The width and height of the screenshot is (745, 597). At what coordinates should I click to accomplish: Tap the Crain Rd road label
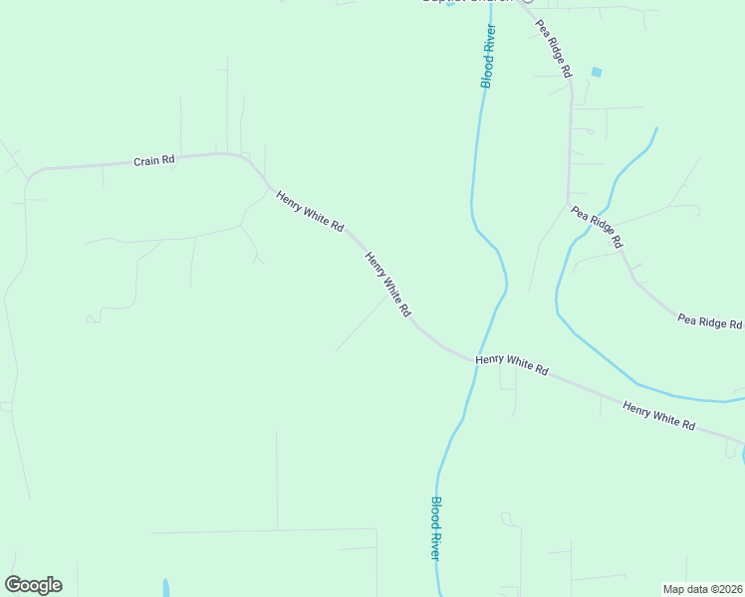[x=154, y=159]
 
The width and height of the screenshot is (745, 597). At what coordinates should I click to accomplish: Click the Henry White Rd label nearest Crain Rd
[x=310, y=211]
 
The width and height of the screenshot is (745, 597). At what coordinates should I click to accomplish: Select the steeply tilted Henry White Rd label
[x=387, y=284]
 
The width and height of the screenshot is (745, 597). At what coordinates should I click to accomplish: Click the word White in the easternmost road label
[x=659, y=415]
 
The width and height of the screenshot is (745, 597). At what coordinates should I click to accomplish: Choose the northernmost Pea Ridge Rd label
[x=554, y=49]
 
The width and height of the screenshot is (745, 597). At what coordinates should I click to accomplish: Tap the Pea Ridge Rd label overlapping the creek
[x=597, y=227]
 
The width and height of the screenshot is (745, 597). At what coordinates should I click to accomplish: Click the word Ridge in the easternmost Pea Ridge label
[x=710, y=321]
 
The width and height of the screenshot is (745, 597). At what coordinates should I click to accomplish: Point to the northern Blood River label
[x=488, y=56]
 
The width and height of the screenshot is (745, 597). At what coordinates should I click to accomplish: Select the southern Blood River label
[x=435, y=527]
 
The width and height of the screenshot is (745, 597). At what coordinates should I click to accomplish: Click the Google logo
[x=33, y=585]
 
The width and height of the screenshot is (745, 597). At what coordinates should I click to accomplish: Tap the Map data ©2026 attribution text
[x=702, y=588]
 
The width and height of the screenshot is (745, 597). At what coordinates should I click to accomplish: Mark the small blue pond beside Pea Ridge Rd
[x=597, y=72]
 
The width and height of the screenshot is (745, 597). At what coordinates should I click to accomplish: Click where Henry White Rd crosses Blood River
[x=474, y=360]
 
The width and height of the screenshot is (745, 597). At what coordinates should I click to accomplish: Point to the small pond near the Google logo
[x=165, y=587]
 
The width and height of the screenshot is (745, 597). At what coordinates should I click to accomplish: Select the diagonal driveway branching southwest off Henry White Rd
[x=364, y=323]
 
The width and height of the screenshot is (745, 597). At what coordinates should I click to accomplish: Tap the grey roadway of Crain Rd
[x=100, y=165]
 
